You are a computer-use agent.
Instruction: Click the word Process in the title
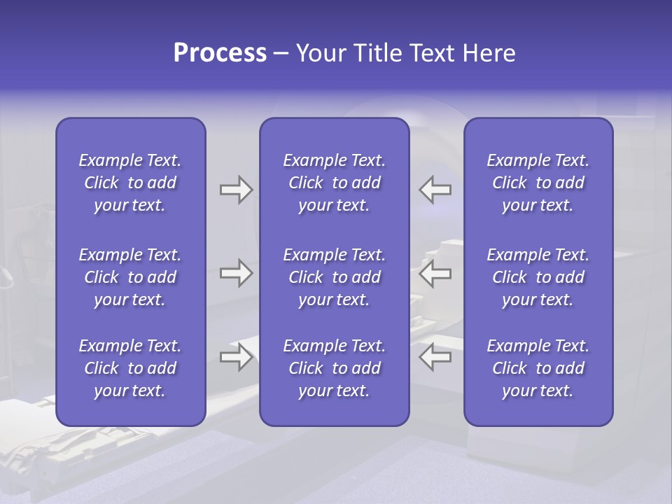(220, 53)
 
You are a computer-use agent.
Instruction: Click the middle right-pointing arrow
(236, 274)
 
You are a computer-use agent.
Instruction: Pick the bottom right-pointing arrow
(236, 357)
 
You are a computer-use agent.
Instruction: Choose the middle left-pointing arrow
(435, 274)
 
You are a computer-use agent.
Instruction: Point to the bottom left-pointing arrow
(435, 357)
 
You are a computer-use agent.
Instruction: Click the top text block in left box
(130, 183)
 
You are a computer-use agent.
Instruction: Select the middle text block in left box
(130, 277)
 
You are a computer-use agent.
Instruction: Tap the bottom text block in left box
(130, 368)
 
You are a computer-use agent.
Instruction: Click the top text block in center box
(334, 183)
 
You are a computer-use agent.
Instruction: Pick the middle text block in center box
(334, 277)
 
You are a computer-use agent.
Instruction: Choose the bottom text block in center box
(334, 368)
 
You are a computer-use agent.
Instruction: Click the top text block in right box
(538, 183)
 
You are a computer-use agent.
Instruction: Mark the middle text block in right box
(538, 277)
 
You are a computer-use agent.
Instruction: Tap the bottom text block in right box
(538, 368)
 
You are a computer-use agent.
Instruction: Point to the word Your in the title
(319, 53)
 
